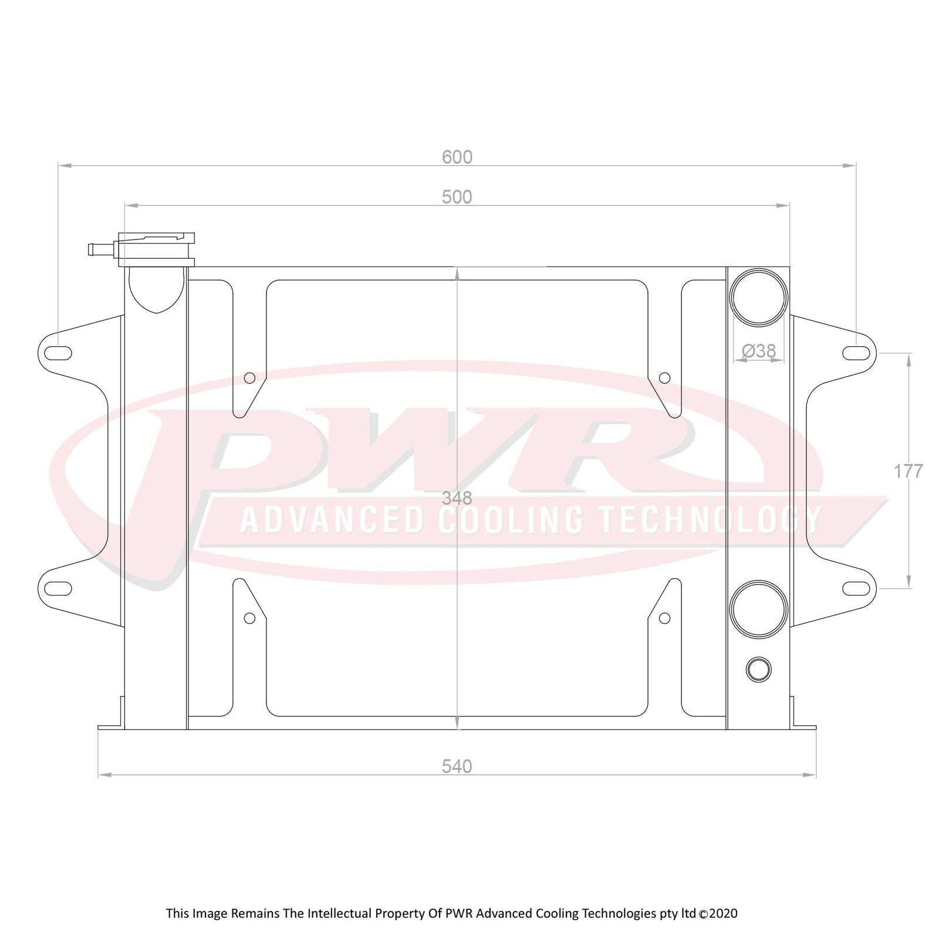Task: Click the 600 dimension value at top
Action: pos(457,157)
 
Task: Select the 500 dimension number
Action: pos(457,197)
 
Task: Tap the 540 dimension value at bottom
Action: pos(457,766)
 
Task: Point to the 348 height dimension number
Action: pos(457,498)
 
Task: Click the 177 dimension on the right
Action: pos(908,471)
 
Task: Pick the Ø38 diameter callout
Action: pos(759,351)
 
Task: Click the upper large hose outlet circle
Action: pos(758,298)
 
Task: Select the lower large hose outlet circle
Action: pos(758,609)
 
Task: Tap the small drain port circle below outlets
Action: pos(758,669)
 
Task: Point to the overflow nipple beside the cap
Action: pos(100,249)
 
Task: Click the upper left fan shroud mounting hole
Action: pos(249,378)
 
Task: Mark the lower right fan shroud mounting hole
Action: pos(664,618)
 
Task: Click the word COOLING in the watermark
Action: pos(511,520)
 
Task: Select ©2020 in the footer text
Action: pos(718,914)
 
